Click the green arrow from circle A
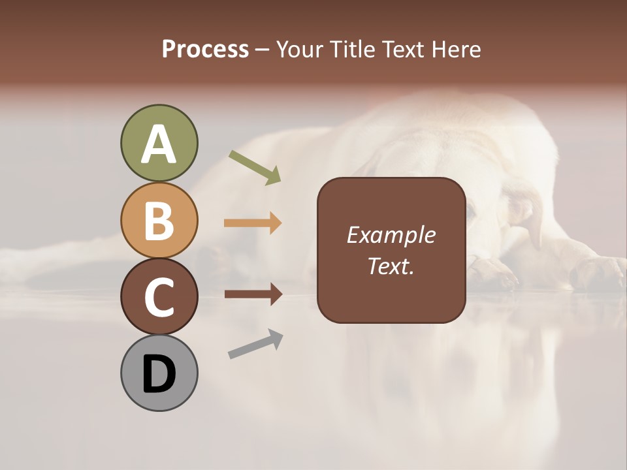pyautogui.click(x=255, y=168)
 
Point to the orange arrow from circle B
pyautogui.click(x=253, y=223)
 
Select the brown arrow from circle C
pyautogui.click(x=253, y=294)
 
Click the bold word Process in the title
pyautogui.click(x=205, y=49)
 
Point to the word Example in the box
pyautogui.click(x=391, y=235)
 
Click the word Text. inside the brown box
pyautogui.click(x=391, y=266)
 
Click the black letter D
pyautogui.click(x=159, y=375)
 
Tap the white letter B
pyautogui.click(x=159, y=221)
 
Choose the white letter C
pyautogui.click(x=159, y=297)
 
